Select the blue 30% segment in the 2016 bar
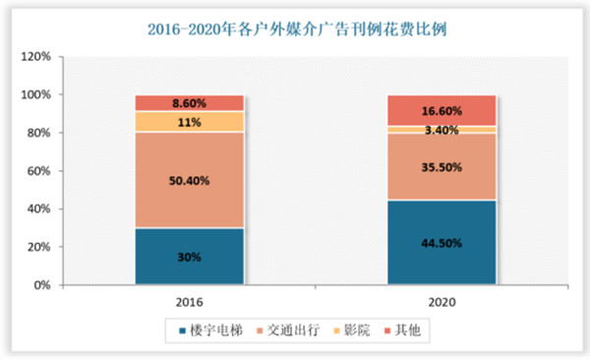(189, 257)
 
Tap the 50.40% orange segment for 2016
(189, 180)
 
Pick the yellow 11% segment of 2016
(189, 121)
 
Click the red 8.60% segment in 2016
(189, 102)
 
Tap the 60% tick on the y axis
(42, 171)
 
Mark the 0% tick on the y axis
(45, 286)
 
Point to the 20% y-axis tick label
(42, 248)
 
